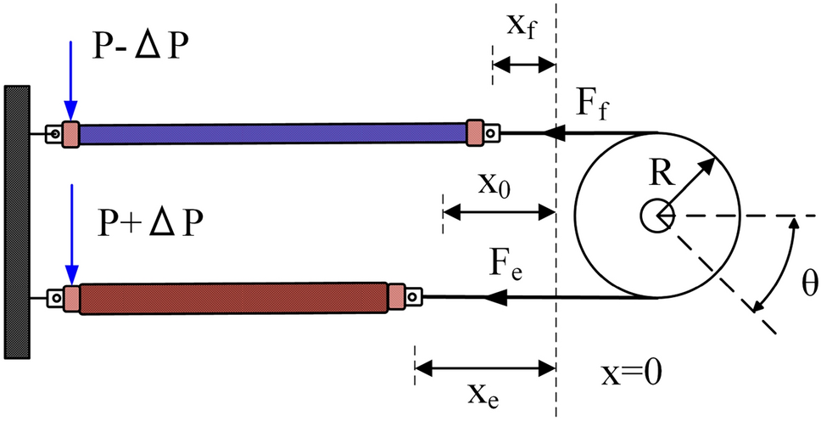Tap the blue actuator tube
[271, 133]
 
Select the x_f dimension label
[521, 26]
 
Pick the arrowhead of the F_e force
[495, 298]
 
